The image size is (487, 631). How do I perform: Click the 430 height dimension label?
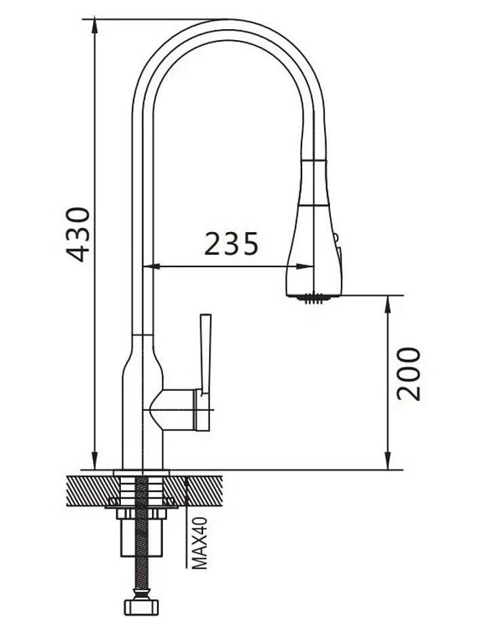(77, 235)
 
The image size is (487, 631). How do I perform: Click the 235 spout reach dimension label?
(231, 244)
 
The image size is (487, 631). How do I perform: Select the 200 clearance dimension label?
(408, 374)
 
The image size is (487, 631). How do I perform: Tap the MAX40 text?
(200, 543)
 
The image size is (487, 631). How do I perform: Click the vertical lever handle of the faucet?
(205, 353)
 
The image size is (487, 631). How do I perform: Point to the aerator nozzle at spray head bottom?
(314, 299)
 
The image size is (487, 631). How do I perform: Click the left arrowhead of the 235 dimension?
(151, 266)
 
